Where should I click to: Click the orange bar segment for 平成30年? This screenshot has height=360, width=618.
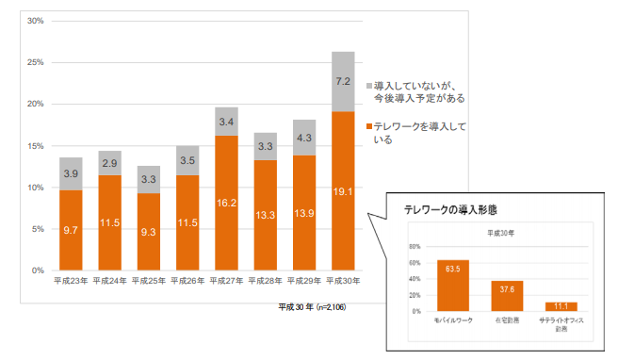(343, 191)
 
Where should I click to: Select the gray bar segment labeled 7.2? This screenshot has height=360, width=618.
(343, 81)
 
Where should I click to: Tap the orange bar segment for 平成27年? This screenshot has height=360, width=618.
(226, 203)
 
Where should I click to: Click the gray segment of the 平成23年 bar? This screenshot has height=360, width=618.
(71, 174)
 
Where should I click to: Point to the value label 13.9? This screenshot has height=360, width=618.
(303, 216)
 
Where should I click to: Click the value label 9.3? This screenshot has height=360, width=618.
(149, 231)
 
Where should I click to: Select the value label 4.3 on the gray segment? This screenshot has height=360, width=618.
(303, 138)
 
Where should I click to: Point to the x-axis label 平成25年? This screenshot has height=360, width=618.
(149, 281)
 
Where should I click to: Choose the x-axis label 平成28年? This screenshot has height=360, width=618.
(265, 281)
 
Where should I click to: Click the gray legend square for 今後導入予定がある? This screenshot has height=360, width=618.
(368, 85)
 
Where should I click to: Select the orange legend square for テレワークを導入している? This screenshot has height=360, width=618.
(368, 126)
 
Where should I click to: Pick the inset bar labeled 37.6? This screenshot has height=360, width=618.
(507, 296)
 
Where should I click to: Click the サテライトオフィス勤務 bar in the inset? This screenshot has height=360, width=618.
(561, 306)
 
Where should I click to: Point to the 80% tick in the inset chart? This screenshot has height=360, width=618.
(413, 246)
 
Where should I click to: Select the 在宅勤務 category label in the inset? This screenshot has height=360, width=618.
(507, 320)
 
